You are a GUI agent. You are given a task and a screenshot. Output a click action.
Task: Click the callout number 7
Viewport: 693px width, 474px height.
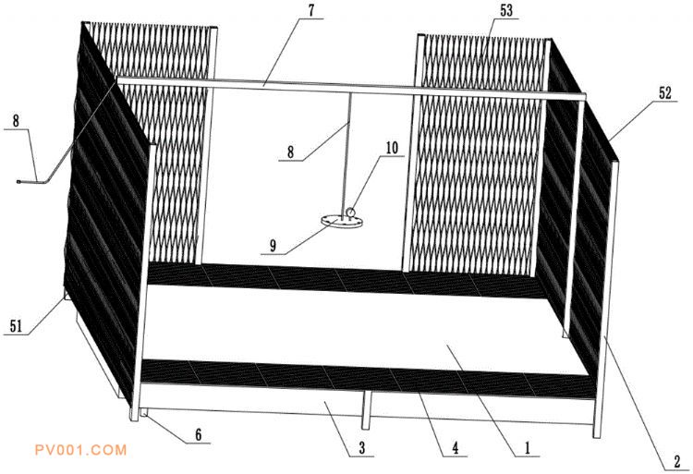click(312, 10)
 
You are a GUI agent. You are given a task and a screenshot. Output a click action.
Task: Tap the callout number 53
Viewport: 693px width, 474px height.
click(506, 10)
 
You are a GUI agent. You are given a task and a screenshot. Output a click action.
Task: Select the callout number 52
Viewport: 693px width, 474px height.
click(664, 92)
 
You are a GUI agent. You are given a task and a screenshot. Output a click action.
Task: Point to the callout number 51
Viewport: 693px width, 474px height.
click(16, 326)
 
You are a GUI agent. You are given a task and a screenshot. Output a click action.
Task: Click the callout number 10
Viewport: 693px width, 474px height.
click(392, 149)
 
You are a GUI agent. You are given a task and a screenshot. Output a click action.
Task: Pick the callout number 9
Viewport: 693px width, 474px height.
click(273, 246)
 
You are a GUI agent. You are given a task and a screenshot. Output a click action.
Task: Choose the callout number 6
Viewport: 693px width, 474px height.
click(199, 434)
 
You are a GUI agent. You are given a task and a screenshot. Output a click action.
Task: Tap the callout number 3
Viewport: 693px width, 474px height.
click(362, 448)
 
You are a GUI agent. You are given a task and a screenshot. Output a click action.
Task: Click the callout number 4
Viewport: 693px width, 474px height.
click(456, 448)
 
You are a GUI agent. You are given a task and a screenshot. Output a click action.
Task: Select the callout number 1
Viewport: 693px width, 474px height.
click(527, 448)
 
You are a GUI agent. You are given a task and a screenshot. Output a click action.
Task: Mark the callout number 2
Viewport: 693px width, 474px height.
click(677, 462)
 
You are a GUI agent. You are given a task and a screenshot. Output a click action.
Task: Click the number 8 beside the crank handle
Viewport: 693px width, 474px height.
click(16, 121)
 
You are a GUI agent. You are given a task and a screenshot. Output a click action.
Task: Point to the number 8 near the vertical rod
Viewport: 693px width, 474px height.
click(290, 152)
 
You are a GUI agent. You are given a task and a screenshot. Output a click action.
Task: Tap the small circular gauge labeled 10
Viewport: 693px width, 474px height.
click(351, 212)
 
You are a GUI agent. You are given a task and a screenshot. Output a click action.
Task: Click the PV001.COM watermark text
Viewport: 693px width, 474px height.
click(80, 450)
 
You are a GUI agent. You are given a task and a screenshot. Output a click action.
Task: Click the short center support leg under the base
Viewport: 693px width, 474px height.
click(366, 410)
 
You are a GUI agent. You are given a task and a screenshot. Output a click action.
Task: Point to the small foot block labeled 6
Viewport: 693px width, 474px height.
click(143, 412)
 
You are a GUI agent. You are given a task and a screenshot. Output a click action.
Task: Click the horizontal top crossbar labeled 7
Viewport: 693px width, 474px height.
click(351, 87)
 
